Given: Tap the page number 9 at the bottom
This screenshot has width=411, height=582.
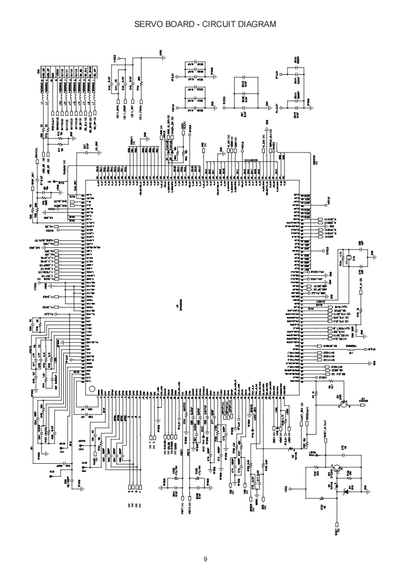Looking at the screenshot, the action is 205,559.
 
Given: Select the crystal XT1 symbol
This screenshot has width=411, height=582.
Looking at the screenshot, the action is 348,257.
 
